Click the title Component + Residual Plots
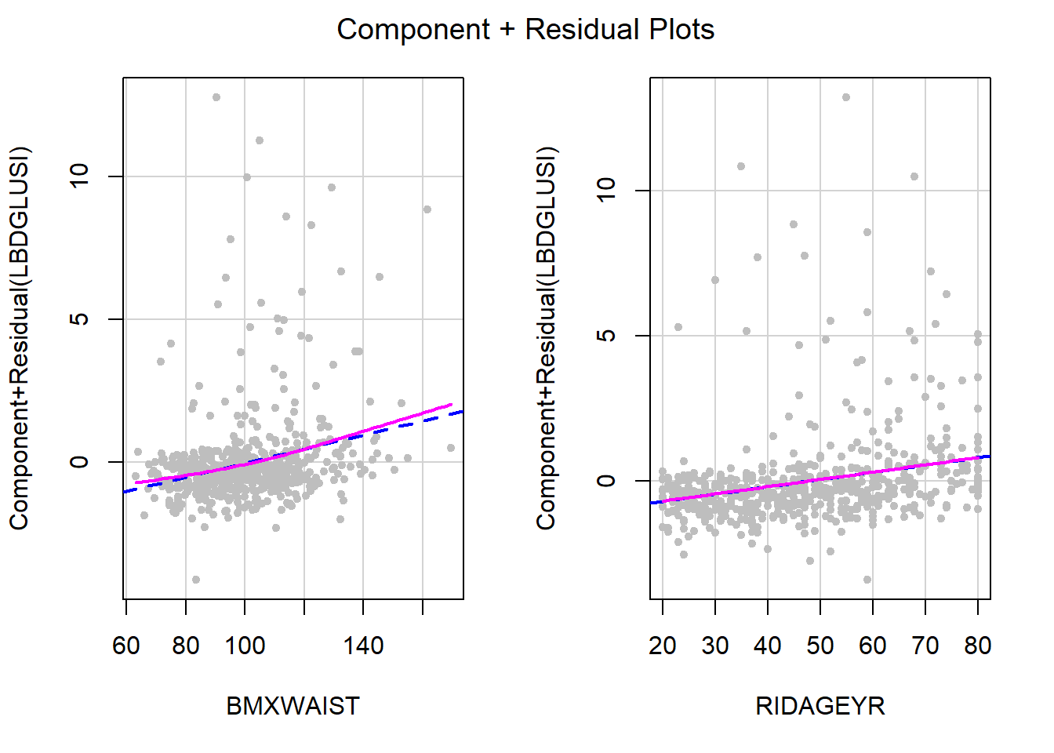click(x=525, y=30)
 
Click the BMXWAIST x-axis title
click(x=293, y=706)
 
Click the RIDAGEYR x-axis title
click(x=820, y=706)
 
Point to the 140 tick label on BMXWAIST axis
click(x=363, y=646)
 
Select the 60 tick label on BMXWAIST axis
click(x=126, y=646)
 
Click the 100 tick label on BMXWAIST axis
click(x=245, y=646)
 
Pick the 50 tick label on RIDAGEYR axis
click(x=820, y=646)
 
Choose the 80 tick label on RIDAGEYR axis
click(x=977, y=646)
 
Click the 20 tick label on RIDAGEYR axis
click(x=663, y=646)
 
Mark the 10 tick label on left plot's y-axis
click(x=80, y=176)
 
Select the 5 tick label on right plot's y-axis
click(x=607, y=336)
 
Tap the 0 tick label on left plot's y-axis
click(x=80, y=462)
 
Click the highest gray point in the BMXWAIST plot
click(x=216, y=97)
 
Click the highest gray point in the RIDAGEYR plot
click(x=845, y=97)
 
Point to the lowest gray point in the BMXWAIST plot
click(x=196, y=580)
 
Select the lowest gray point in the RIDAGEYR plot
click(x=867, y=580)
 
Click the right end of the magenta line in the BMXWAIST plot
click(x=452, y=405)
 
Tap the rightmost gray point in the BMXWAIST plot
click(x=451, y=448)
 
